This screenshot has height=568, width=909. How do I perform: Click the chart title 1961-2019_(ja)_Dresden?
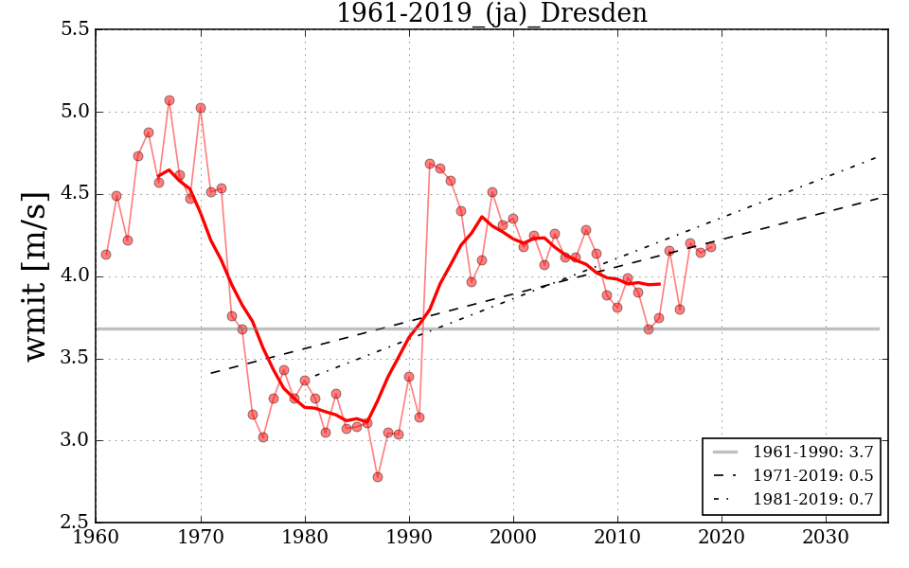click(491, 13)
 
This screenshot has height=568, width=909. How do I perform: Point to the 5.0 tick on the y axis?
click(74, 112)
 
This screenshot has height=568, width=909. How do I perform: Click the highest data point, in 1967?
click(169, 100)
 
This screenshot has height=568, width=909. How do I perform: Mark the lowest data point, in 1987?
click(378, 477)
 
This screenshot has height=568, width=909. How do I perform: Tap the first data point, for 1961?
click(106, 255)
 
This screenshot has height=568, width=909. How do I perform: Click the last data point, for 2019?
click(711, 247)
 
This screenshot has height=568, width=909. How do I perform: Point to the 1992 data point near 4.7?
click(430, 164)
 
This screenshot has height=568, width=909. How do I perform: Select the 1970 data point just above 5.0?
click(201, 108)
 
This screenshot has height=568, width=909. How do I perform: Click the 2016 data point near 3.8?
click(680, 310)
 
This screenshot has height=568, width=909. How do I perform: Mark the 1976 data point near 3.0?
click(263, 437)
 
